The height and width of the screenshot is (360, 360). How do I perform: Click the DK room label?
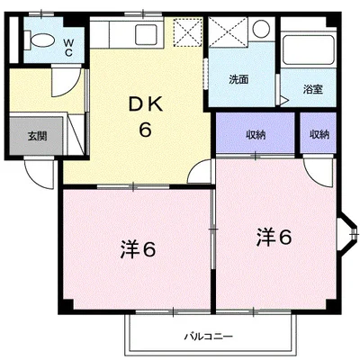[x=144, y=105]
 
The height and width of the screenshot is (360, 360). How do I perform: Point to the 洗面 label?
[x=238, y=79]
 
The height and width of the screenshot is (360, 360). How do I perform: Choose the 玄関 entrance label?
[x=36, y=137]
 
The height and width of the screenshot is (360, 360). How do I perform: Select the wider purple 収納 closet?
[x=255, y=135]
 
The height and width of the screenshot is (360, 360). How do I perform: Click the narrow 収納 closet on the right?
[x=319, y=135]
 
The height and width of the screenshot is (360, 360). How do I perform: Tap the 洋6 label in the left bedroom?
[x=139, y=247]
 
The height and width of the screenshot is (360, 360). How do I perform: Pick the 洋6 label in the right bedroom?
[x=273, y=237]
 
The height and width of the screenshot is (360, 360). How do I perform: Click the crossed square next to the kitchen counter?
[x=190, y=34]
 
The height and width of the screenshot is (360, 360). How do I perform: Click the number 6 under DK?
[x=144, y=129]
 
